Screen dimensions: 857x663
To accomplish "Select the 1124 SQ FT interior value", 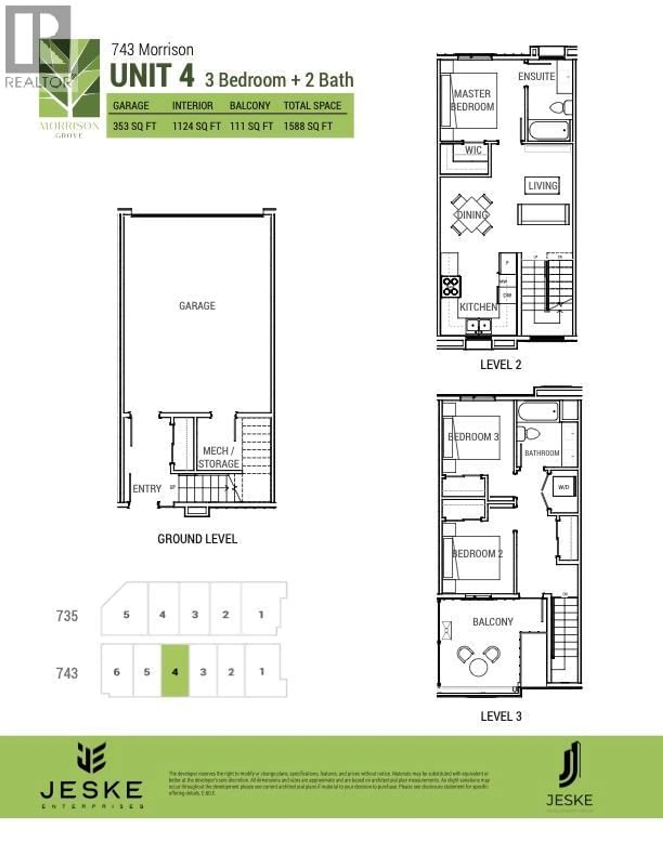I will click(x=196, y=126).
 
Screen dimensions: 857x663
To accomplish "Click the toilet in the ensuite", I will click(x=561, y=106).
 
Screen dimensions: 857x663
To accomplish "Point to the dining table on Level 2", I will click(x=471, y=215).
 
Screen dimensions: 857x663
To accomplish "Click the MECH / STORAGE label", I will click(x=218, y=457).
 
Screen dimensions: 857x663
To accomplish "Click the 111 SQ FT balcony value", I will click(x=251, y=126).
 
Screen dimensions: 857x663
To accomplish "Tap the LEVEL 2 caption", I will click(x=501, y=365).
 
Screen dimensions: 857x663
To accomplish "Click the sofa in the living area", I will click(x=543, y=214).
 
